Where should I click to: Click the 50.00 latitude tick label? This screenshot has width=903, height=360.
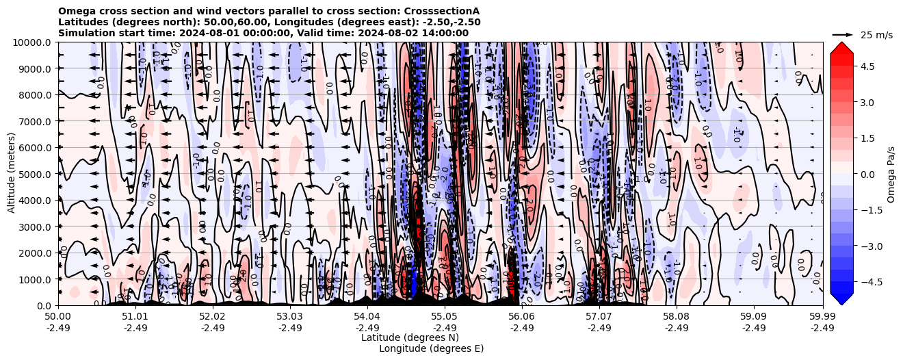[x=58, y=317]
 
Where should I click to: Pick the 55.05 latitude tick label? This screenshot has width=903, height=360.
[x=445, y=317]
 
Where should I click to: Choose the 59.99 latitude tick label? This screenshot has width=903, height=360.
[x=822, y=317]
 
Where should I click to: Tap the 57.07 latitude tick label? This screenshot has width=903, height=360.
[x=599, y=317]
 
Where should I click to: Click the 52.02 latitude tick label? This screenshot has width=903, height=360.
[x=213, y=317]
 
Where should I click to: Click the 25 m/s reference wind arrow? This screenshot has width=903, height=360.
[x=843, y=34]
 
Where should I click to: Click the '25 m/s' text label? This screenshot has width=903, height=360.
[x=876, y=35]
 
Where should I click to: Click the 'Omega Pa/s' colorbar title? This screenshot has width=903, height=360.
[x=891, y=174]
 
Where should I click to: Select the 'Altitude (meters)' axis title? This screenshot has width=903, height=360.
[x=12, y=174]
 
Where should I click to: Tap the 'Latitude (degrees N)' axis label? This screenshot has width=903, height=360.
[x=410, y=337]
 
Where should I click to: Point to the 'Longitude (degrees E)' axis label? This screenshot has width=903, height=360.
[x=431, y=348]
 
